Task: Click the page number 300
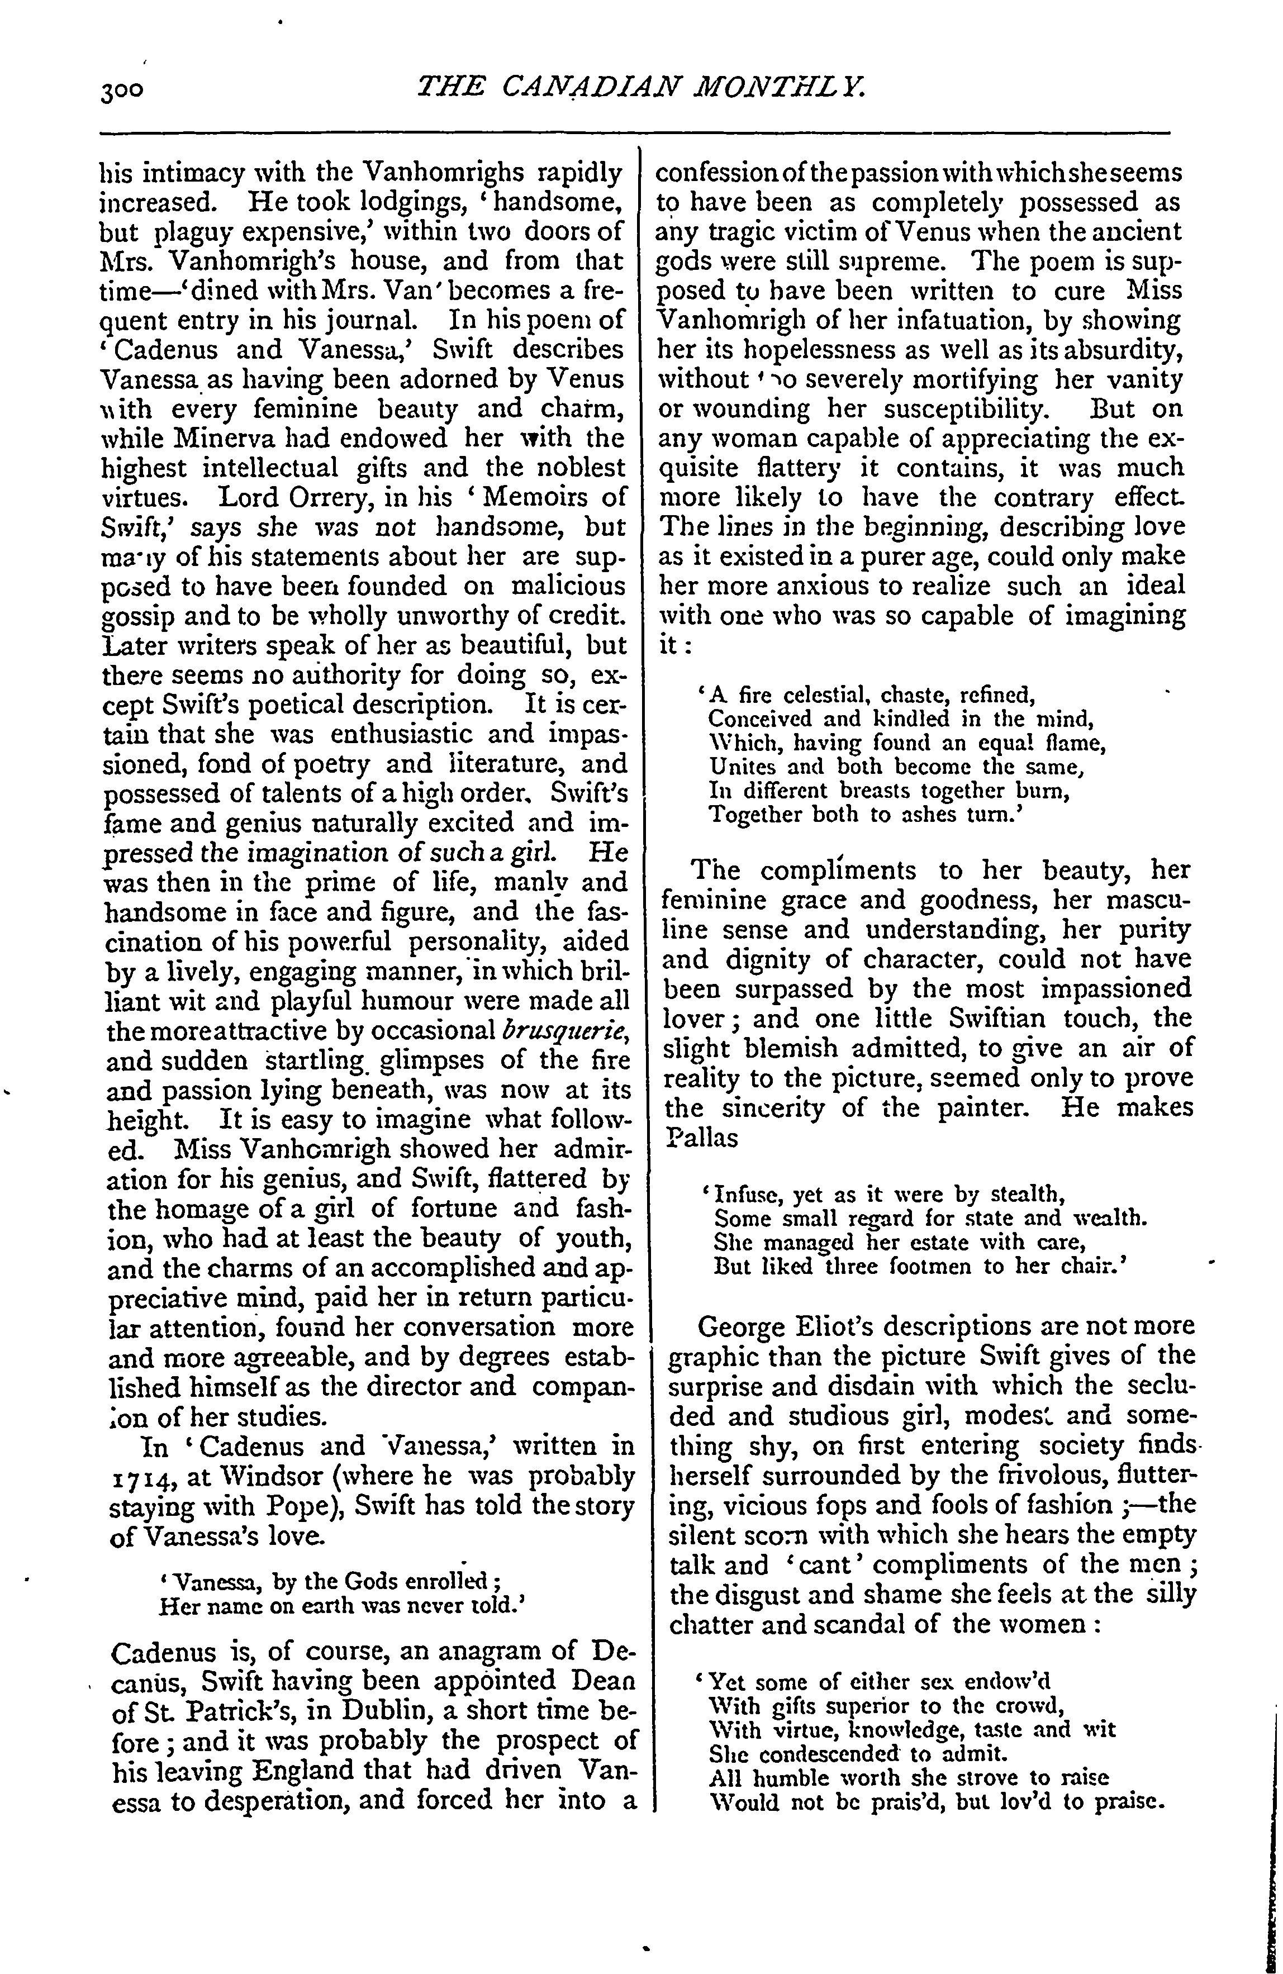click(x=122, y=89)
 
